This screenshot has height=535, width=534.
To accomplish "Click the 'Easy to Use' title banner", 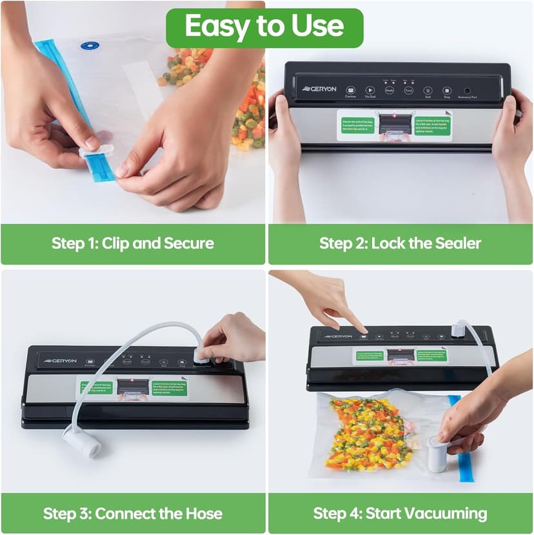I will click(264, 26).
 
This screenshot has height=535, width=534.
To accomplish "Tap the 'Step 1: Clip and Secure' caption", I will click(132, 243).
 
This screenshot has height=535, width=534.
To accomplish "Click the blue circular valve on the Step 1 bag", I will click(90, 45).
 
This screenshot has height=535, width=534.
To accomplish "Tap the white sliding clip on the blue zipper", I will click(96, 152).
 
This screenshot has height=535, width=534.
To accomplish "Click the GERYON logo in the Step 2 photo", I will click(319, 89).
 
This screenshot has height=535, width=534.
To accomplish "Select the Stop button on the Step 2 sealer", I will click(446, 91).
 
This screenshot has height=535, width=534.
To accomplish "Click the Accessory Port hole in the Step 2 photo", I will click(467, 90).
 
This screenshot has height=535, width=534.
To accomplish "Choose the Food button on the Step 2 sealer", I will click(408, 90).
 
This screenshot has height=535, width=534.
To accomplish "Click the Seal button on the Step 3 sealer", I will click(164, 363).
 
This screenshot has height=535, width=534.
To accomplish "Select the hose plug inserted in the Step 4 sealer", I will click(457, 328).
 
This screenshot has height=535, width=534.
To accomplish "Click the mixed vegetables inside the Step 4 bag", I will click(364, 432).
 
